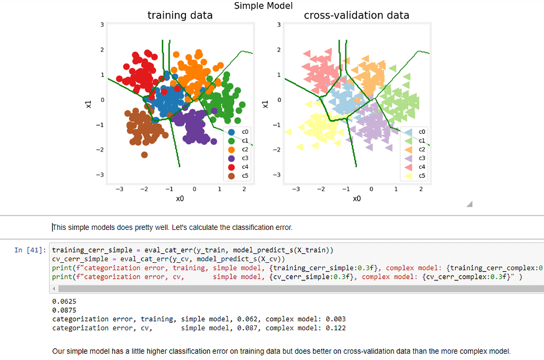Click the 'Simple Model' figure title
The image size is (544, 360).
pyautogui.click(x=263, y=6)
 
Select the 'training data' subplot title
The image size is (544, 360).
pyautogui.click(x=180, y=15)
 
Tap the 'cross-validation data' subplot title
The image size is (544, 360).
pyautogui.click(x=356, y=15)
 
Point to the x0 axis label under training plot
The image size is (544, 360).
pyautogui.click(x=180, y=199)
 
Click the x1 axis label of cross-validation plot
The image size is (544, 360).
pyautogui.click(x=265, y=104)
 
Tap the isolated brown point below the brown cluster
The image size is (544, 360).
pyautogui.click(x=144, y=155)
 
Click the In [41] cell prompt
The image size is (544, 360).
pyautogui.click(x=30, y=250)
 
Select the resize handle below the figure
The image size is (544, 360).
pyautogui.click(x=469, y=204)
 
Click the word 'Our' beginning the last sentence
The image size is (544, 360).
pyautogui.click(x=59, y=351)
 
